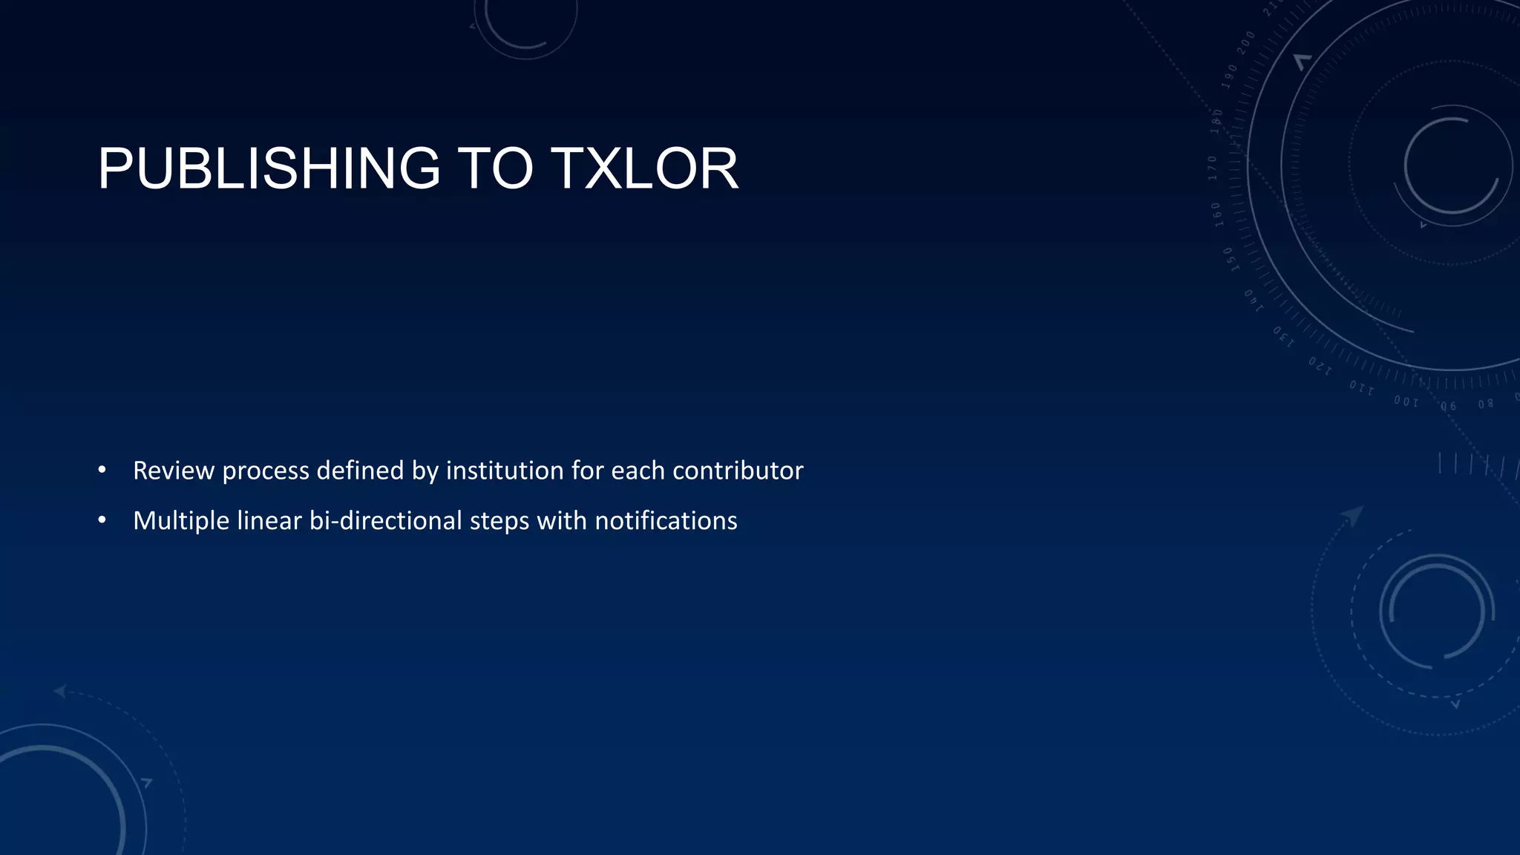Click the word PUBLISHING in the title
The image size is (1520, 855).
(x=269, y=168)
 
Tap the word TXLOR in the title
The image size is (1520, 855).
(x=643, y=168)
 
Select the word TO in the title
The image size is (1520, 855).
(x=495, y=168)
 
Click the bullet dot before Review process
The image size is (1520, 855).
(x=102, y=470)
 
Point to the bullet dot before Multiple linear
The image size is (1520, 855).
(x=102, y=520)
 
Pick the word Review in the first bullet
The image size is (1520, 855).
(x=173, y=471)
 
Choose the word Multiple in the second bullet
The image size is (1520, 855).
(x=181, y=521)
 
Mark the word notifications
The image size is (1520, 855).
(x=666, y=521)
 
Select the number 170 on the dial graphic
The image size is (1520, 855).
(x=1212, y=168)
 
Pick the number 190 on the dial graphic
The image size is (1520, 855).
(x=1229, y=76)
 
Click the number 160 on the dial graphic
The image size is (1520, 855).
(x=1217, y=214)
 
